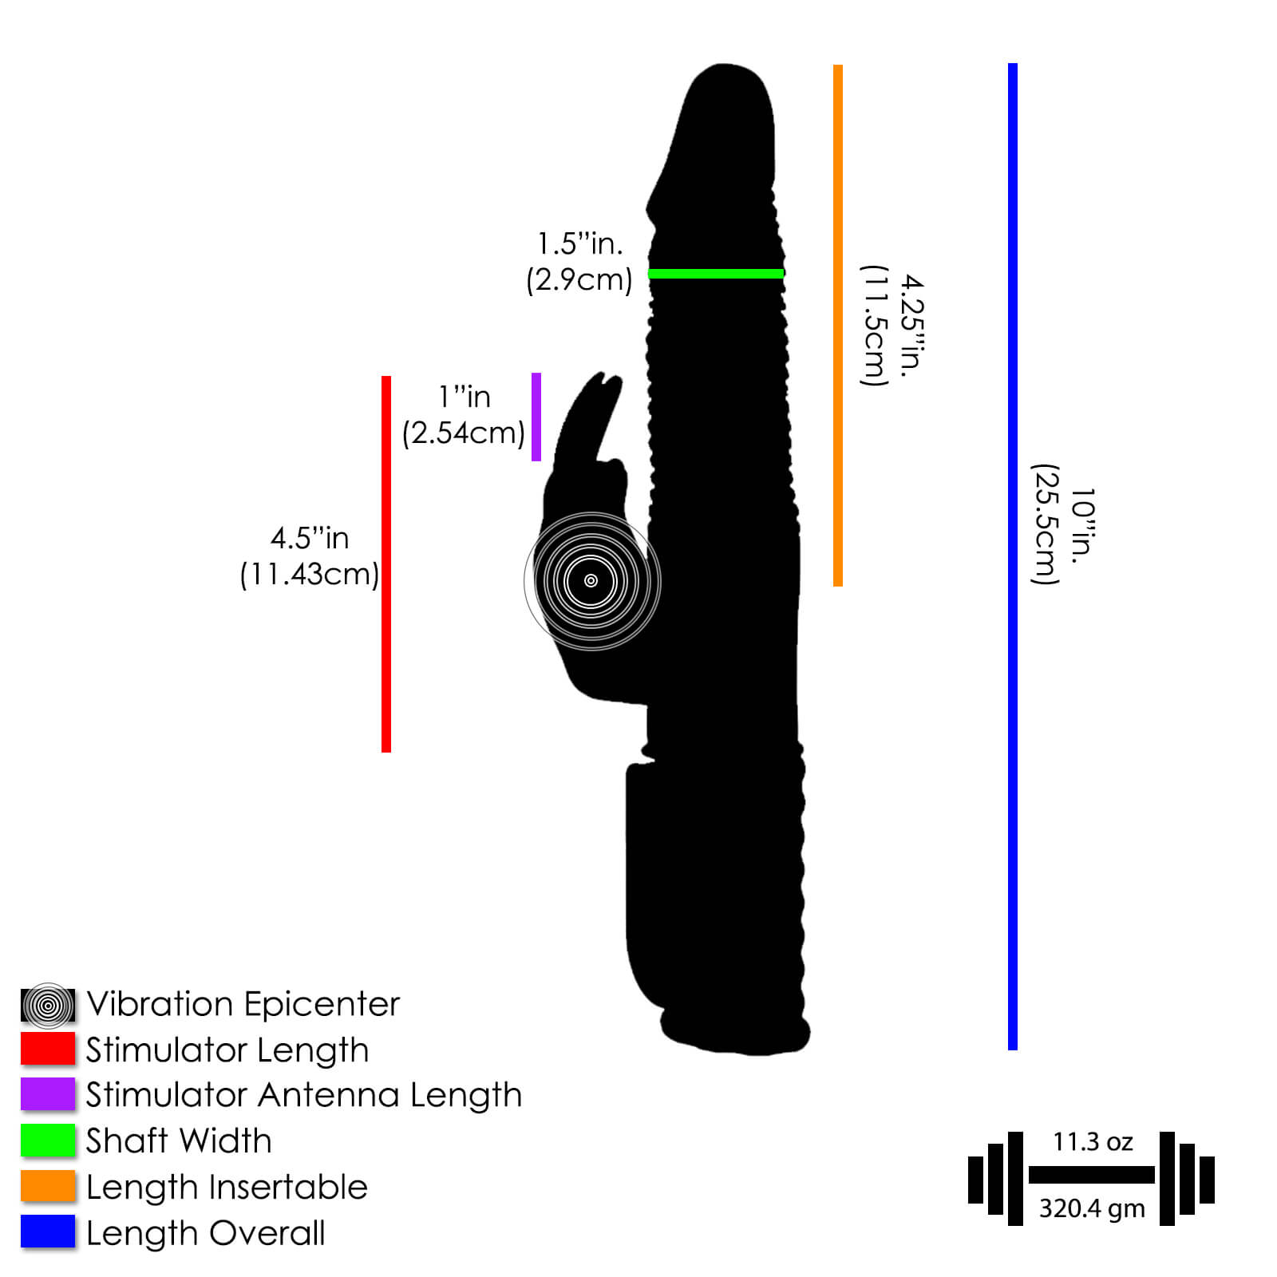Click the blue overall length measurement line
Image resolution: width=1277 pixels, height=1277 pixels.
(x=1013, y=556)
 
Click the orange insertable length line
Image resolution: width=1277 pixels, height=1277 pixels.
(x=838, y=326)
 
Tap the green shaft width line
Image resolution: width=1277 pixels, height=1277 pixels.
(x=716, y=274)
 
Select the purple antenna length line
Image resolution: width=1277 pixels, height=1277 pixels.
(x=536, y=417)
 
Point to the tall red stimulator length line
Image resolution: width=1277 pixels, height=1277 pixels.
(x=386, y=564)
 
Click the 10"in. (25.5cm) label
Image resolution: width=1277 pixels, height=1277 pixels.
(x=1063, y=524)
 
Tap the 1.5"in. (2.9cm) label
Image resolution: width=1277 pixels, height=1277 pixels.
(x=579, y=262)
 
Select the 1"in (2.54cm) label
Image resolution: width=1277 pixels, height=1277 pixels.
(x=464, y=415)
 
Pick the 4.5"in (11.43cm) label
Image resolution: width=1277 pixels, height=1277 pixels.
(x=310, y=556)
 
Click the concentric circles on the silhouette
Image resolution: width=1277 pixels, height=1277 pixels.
(x=591, y=581)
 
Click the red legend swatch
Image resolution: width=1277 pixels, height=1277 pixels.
(x=48, y=1049)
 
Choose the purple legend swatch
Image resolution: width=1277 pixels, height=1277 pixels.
(x=48, y=1094)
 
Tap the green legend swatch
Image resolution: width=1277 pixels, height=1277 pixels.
(x=48, y=1140)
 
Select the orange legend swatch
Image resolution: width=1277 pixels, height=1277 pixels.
(x=48, y=1186)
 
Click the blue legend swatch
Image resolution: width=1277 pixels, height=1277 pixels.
(x=48, y=1232)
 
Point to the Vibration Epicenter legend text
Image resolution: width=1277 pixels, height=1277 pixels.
(x=243, y=1004)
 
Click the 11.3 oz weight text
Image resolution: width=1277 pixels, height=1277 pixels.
(x=1093, y=1141)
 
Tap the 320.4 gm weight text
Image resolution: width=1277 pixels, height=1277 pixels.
(x=1092, y=1208)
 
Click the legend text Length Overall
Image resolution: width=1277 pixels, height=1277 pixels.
(x=206, y=1233)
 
